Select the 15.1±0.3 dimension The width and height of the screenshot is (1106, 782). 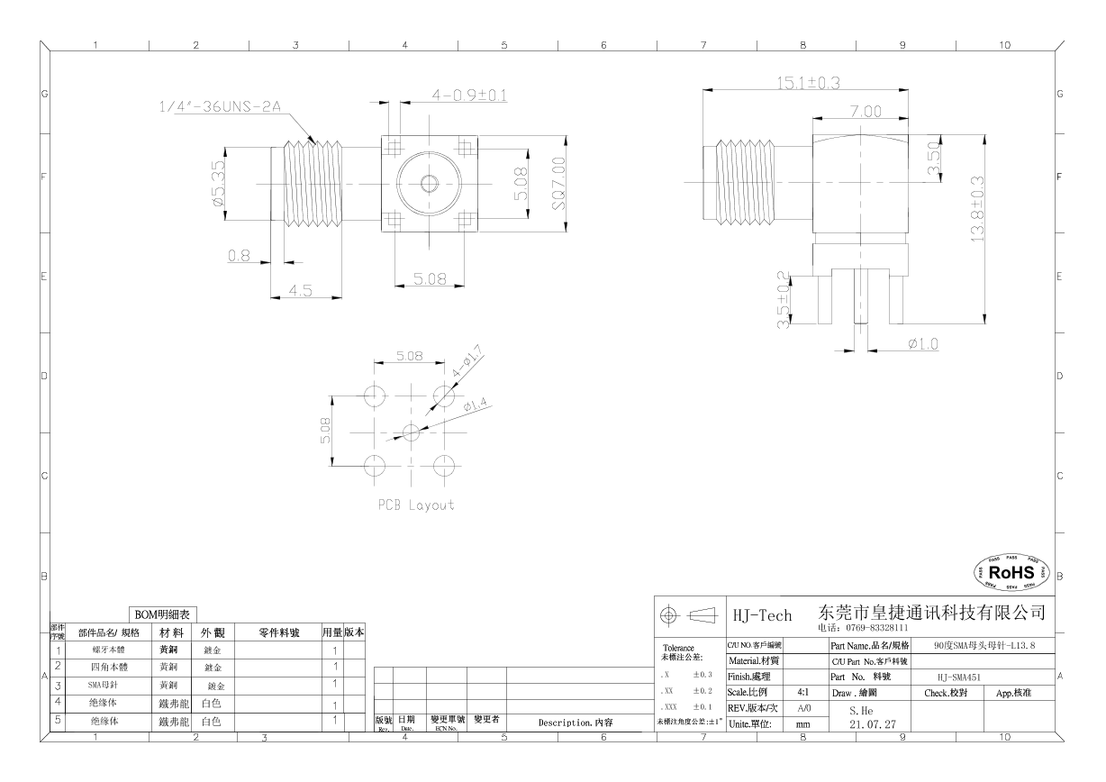tap(808, 83)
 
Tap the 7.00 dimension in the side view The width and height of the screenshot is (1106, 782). tap(865, 111)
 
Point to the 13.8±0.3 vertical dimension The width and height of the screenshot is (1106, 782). tap(977, 208)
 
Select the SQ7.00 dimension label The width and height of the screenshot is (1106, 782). tap(559, 184)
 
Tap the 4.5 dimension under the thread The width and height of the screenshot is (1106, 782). tap(301, 291)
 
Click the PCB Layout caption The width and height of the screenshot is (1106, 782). tap(416, 505)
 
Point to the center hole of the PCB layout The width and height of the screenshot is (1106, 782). tap(411, 432)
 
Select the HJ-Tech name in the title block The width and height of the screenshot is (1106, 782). tap(762, 615)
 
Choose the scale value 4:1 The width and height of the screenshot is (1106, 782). tap(802, 693)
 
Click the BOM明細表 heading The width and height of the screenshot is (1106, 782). tap(159, 614)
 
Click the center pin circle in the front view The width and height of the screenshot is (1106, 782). tap(429, 184)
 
